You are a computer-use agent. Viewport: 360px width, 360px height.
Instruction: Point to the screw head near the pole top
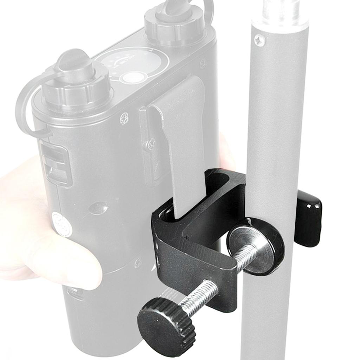point(260,40)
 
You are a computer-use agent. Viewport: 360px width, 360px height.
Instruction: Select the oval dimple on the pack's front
point(98,208)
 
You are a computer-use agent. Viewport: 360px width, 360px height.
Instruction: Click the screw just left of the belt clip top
point(124,118)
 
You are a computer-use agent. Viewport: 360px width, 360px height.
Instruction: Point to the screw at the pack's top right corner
point(203,63)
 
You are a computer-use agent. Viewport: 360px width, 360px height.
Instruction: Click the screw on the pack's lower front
point(138,262)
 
